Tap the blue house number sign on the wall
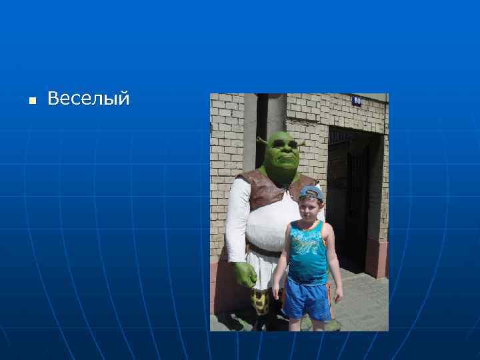pyautogui.click(x=357, y=101)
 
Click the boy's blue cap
pyautogui.click(x=311, y=193)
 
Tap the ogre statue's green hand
pyautogui.click(x=245, y=273)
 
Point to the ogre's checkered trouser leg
pyautogui.click(x=261, y=301)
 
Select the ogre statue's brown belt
pyautogui.click(x=263, y=251)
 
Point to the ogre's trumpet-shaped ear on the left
pyautogui.click(x=261, y=141)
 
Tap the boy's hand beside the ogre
pyautogui.click(x=276, y=294)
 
